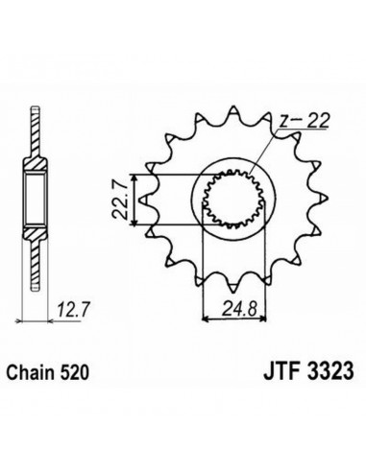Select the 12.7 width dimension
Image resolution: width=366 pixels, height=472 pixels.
pyautogui.click(x=73, y=310)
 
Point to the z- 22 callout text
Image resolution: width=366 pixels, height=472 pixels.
pyautogui.click(x=305, y=121)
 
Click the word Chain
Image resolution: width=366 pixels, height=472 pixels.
pyautogui.click(x=30, y=373)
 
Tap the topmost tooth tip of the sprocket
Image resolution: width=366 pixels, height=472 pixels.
pyautogui.click(x=233, y=106)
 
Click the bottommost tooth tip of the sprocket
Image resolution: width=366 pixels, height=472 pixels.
pyautogui.click(x=233, y=292)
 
